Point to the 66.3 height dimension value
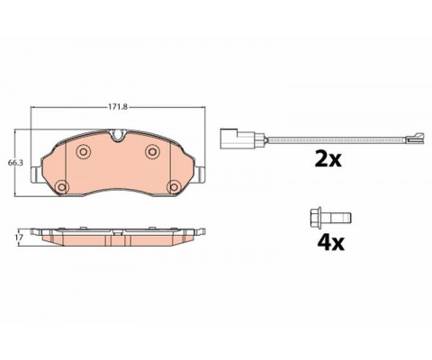tap(15, 163)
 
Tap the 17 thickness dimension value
tap(19, 238)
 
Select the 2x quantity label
tap(328, 159)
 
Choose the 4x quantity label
tap(331, 243)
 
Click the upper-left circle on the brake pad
tap(83, 151)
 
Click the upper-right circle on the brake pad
tap(152, 151)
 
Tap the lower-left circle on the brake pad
tap(62, 187)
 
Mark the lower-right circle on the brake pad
tap(174, 187)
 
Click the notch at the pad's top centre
tap(118, 135)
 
